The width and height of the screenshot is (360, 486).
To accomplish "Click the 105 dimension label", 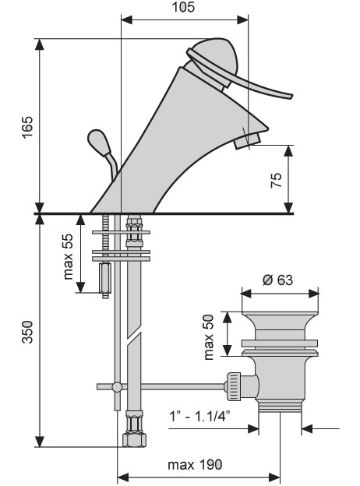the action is point(183,7).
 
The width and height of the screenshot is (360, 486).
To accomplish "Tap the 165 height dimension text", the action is point(27,127).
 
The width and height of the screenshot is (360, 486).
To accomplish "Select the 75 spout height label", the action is point(277,180).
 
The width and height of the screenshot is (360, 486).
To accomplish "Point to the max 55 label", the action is point(68,256).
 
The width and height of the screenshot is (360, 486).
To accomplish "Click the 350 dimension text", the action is point(27,332).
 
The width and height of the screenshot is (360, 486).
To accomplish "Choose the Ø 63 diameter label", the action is point(277,280).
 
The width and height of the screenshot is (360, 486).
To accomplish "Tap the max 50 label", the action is point(209,337).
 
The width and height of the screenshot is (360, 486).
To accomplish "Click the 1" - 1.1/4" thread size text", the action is point(200,416).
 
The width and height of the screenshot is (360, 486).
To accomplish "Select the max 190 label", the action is point(195,465).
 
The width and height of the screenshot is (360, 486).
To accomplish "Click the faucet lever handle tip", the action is point(290,96).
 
